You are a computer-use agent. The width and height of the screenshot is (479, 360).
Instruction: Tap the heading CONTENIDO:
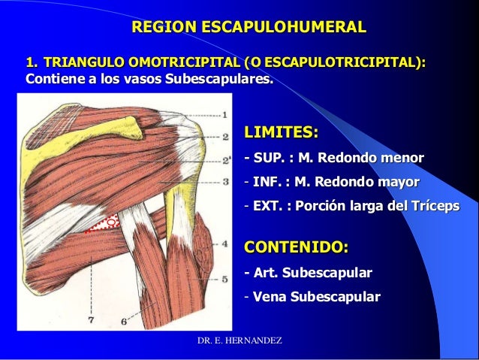coord(297,248)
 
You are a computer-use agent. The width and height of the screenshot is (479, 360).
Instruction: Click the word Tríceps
coord(433,206)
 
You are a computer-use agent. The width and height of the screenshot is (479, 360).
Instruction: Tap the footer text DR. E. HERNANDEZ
coord(239,341)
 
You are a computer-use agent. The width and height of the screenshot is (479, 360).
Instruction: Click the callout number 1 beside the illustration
coord(224,115)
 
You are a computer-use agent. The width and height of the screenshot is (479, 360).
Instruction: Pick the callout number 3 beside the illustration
coord(225,181)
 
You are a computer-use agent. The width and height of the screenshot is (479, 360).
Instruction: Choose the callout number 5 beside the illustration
coord(225,279)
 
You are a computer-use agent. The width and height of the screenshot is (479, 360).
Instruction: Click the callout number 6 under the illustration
coord(124,322)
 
